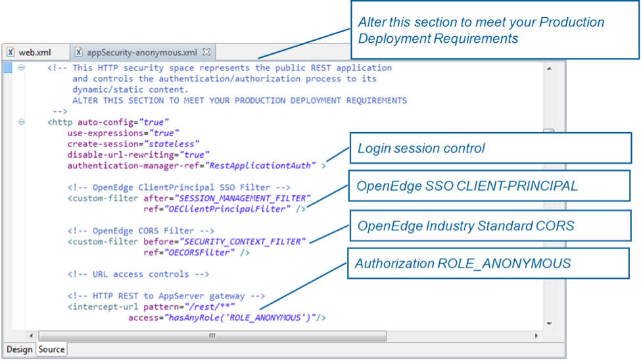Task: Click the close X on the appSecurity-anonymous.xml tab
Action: (x=206, y=51)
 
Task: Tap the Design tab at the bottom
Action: (x=19, y=349)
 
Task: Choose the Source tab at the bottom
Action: (x=51, y=349)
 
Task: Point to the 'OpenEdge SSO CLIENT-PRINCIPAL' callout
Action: (x=490, y=186)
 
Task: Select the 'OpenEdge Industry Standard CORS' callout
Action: (x=490, y=226)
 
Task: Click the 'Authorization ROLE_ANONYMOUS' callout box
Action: (x=490, y=264)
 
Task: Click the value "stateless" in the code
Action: (x=173, y=144)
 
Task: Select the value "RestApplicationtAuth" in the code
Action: (x=261, y=166)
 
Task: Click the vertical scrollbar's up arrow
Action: (x=550, y=68)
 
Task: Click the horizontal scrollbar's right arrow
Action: (x=536, y=336)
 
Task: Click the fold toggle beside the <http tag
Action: (x=22, y=122)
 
